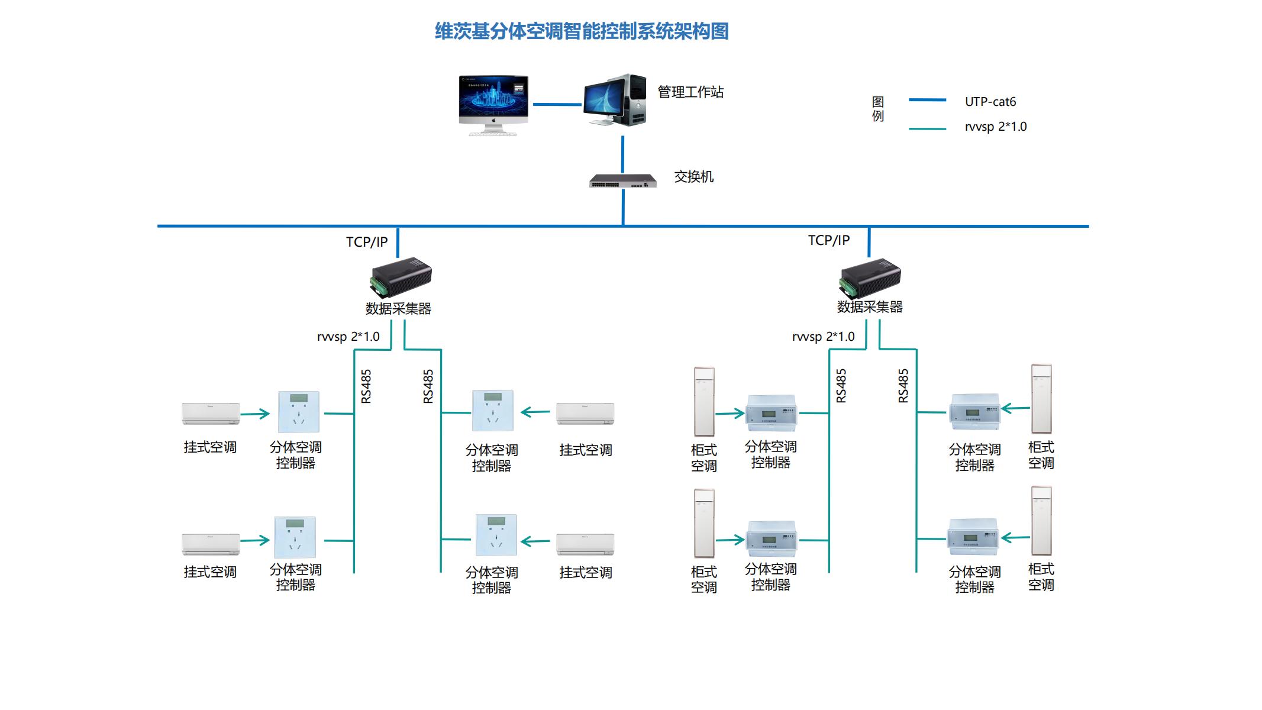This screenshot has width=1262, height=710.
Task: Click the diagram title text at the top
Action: (582, 31)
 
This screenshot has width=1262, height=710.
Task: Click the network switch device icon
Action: (622, 180)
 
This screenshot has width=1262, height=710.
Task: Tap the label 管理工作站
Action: (690, 92)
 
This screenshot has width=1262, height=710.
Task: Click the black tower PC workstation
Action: (615, 100)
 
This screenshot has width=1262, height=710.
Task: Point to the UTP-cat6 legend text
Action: (990, 102)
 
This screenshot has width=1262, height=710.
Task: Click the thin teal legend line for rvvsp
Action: (927, 128)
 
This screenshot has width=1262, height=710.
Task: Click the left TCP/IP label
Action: (366, 242)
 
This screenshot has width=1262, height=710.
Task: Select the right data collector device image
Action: (870, 277)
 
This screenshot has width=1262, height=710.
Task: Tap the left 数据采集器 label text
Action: (398, 309)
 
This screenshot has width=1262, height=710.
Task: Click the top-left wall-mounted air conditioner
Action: (211, 414)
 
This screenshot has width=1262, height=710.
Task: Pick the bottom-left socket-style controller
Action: (295, 537)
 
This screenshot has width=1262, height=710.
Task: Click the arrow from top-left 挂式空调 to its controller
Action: (255, 414)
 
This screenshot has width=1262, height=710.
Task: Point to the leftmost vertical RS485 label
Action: (366, 386)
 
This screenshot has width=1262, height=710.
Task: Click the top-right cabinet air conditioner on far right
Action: (1041, 399)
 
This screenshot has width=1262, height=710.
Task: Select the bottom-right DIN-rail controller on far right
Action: (973, 537)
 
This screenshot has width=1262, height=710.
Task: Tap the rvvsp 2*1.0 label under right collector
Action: (823, 337)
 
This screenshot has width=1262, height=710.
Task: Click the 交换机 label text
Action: (693, 177)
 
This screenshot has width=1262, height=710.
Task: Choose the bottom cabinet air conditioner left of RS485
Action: (704, 523)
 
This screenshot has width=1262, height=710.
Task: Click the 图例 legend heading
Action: (878, 109)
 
